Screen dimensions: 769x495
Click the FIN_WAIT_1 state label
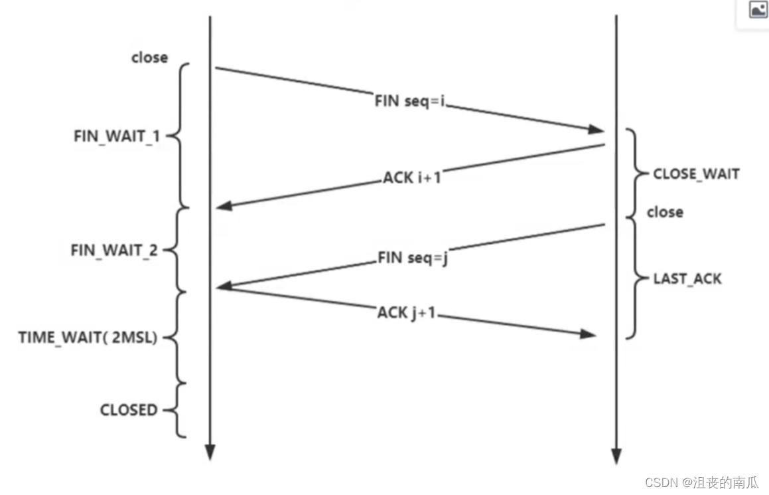[117, 136]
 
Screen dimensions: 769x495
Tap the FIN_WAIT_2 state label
[114, 250]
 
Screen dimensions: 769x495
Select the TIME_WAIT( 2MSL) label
[88, 338]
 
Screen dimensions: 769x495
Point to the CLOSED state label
[129, 409]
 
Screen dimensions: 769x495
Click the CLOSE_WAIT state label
[696, 174]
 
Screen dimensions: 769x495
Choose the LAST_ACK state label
[687, 279]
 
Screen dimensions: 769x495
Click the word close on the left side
[149, 57]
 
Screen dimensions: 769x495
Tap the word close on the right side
[665, 212]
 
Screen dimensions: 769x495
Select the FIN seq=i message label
[409, 101]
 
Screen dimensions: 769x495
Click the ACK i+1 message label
[412, 177]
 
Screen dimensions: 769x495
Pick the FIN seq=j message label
[413, 258]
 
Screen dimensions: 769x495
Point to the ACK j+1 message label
[406, 312]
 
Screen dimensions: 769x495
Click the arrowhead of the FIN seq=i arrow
[596, 129]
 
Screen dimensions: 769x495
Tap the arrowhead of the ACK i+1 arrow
[224, 206]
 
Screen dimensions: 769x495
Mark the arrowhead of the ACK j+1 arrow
[588, 334]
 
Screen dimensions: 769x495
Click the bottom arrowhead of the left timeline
[210, 452]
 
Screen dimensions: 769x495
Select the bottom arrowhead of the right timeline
[616, 456]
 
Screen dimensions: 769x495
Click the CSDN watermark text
[701, 483]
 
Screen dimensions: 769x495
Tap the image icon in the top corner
[758, 9]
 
